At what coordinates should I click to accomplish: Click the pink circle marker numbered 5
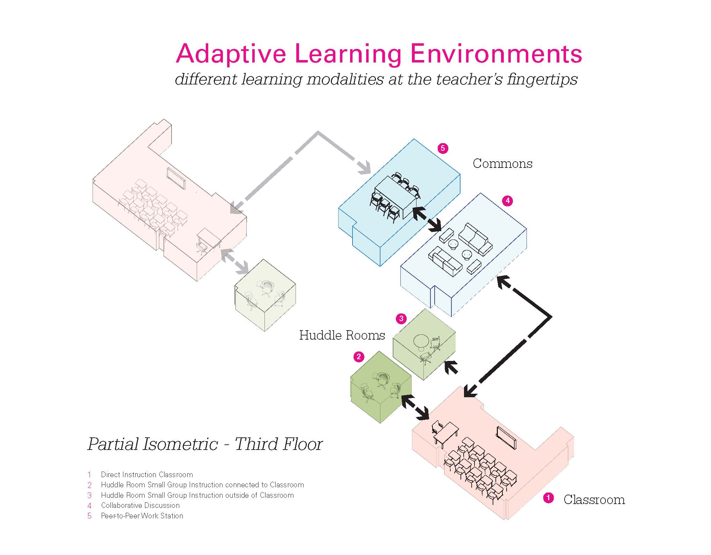pyautogui.click(x=443, y=148)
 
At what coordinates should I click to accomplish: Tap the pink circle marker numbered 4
pyautogui.click(x=507, y=201)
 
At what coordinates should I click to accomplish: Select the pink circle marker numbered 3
pyautogui.click(x=401, y=318)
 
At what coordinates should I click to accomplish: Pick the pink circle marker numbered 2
pyautogui.click(x=358, y=357)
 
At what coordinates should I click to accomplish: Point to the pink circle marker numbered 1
pyautogui.click(x=548, y=498)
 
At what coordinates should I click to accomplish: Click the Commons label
pyautogui.click(x=502, y=163)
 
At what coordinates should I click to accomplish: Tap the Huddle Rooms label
pyautogui.click(x=342, y=335)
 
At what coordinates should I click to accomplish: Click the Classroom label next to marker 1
pyautogui.click(x=594, y=499)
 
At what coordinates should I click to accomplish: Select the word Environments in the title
pyautogui.click(x=496, y=54)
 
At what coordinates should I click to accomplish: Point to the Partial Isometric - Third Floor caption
pyautogui.click(x=205, y=444)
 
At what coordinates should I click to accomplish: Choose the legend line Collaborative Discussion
pyautogui.click(x=140, y=505)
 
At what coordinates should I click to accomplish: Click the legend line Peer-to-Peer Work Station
pyautogui.click(x=142, y=516)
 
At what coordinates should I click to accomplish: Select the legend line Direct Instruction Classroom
pyautogui.click(x=147, y=475)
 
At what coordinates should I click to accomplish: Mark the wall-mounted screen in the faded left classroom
pyautogui.click(x=176, y=178)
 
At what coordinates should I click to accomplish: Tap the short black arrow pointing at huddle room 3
pyautogui.click(x=451, y=367)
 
